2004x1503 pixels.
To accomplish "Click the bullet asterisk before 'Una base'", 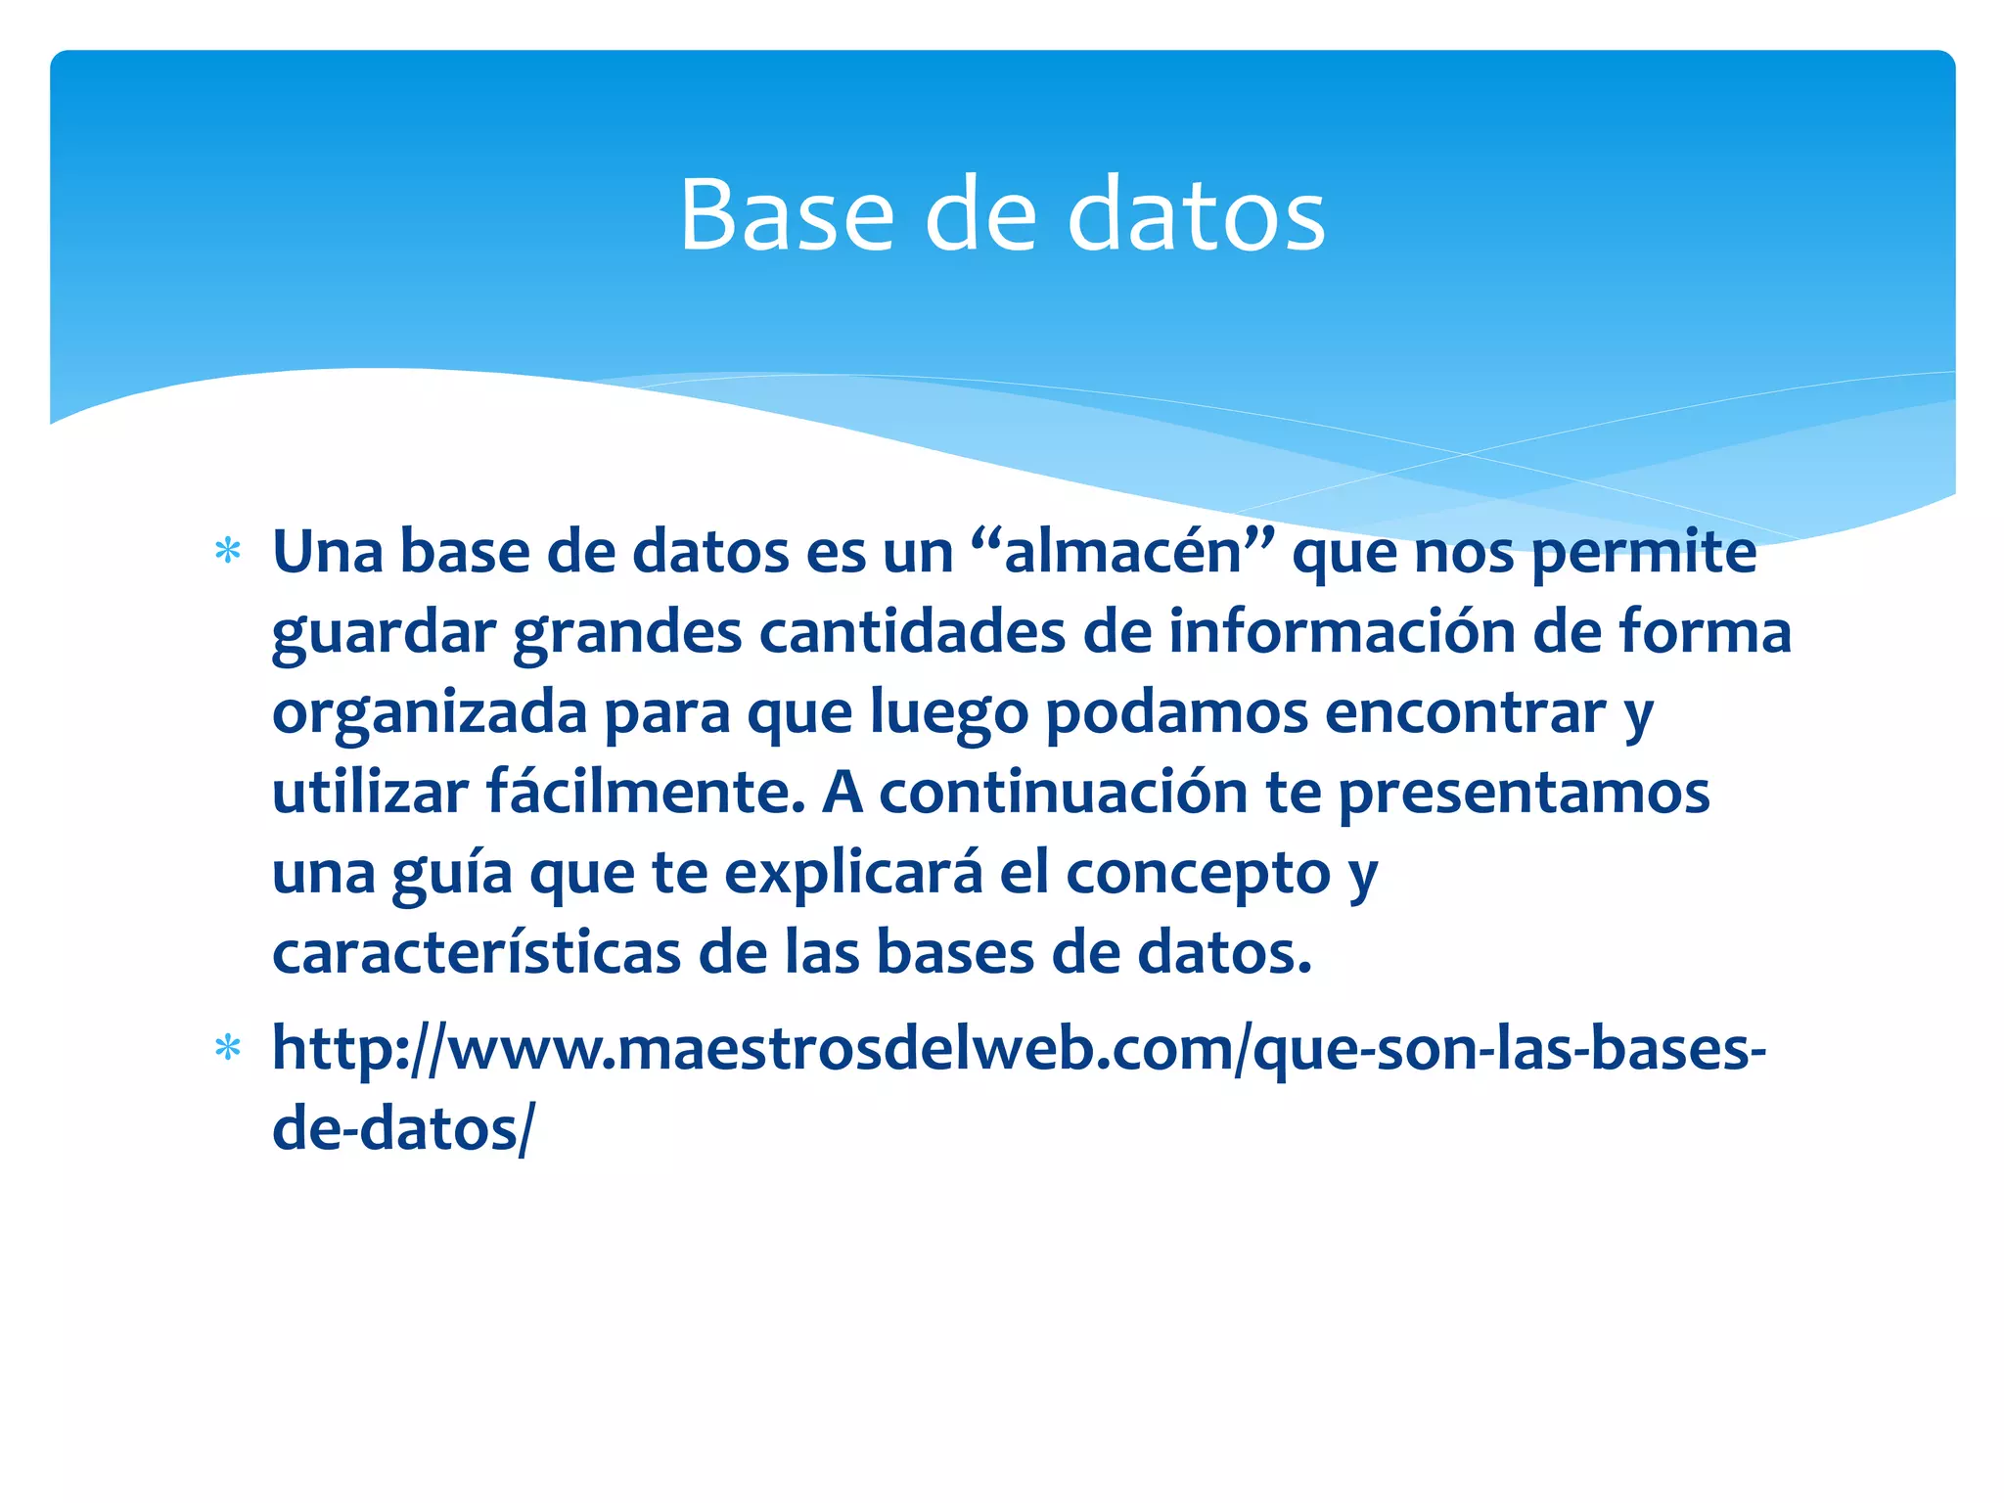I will tap(228, 552).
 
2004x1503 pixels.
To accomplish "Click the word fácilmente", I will tap(646, 793).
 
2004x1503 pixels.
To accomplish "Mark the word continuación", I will tap(1063, 793).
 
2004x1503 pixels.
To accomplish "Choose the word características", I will tap(476, 953).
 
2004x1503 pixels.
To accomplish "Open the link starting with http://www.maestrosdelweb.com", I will tap(1018, 1049).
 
